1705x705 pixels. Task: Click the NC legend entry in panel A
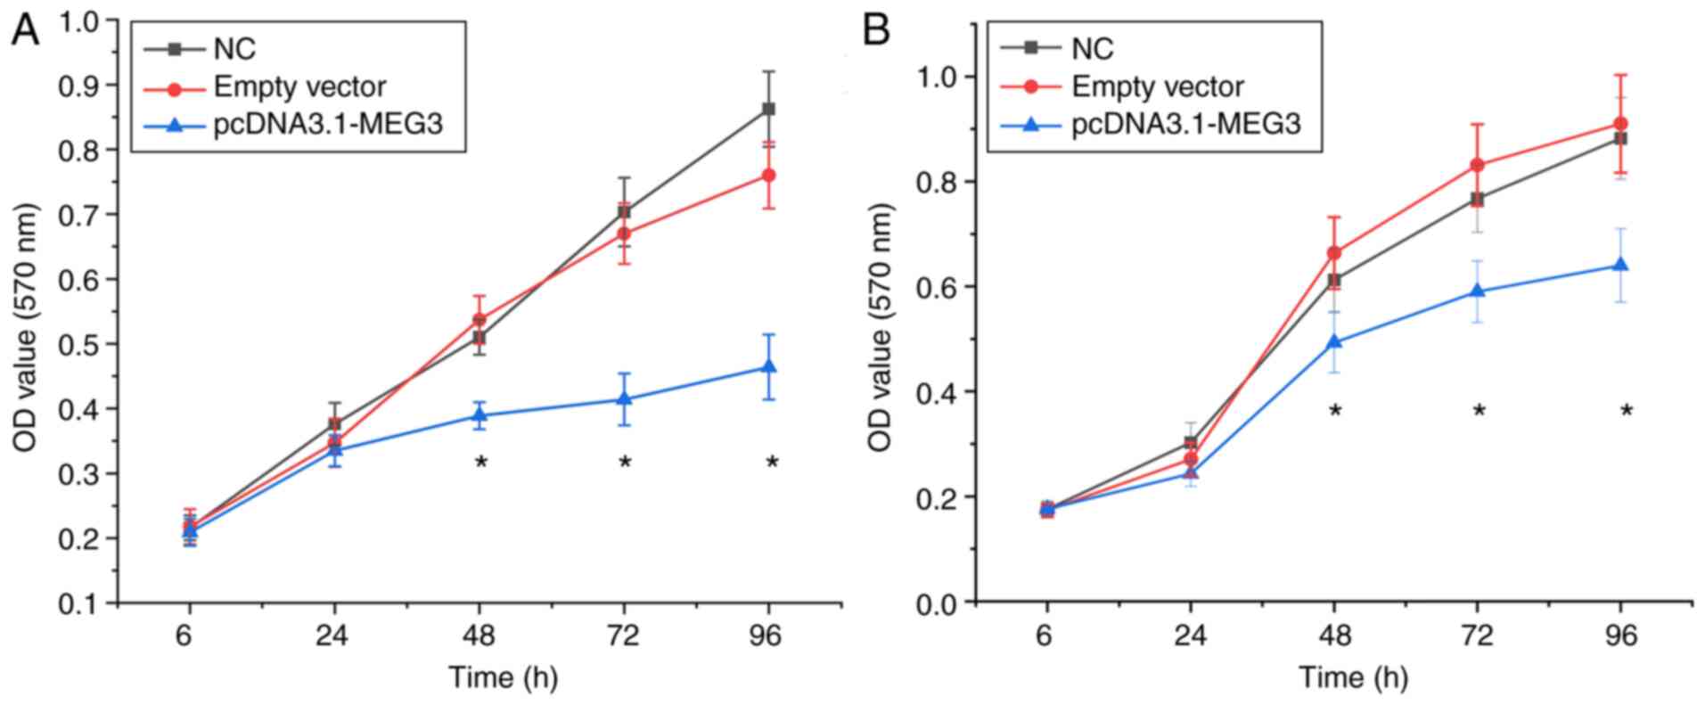[234, 48]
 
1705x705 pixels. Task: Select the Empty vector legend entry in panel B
[1157, 86]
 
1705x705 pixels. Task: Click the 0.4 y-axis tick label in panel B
[935, 392]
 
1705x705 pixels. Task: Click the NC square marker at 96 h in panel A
[768, 110]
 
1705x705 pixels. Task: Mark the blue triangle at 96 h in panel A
[768, 367]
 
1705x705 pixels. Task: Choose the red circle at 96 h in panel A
[768, 176]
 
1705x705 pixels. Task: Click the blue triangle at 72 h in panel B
[1478, 291]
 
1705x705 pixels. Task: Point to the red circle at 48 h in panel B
[1334, 253]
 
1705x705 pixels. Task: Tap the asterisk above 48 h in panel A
[480, 463]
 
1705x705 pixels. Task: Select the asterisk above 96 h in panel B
[1627, 411]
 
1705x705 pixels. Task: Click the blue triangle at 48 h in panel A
[480, 414]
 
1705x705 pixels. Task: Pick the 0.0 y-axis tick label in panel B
[935, 603]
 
